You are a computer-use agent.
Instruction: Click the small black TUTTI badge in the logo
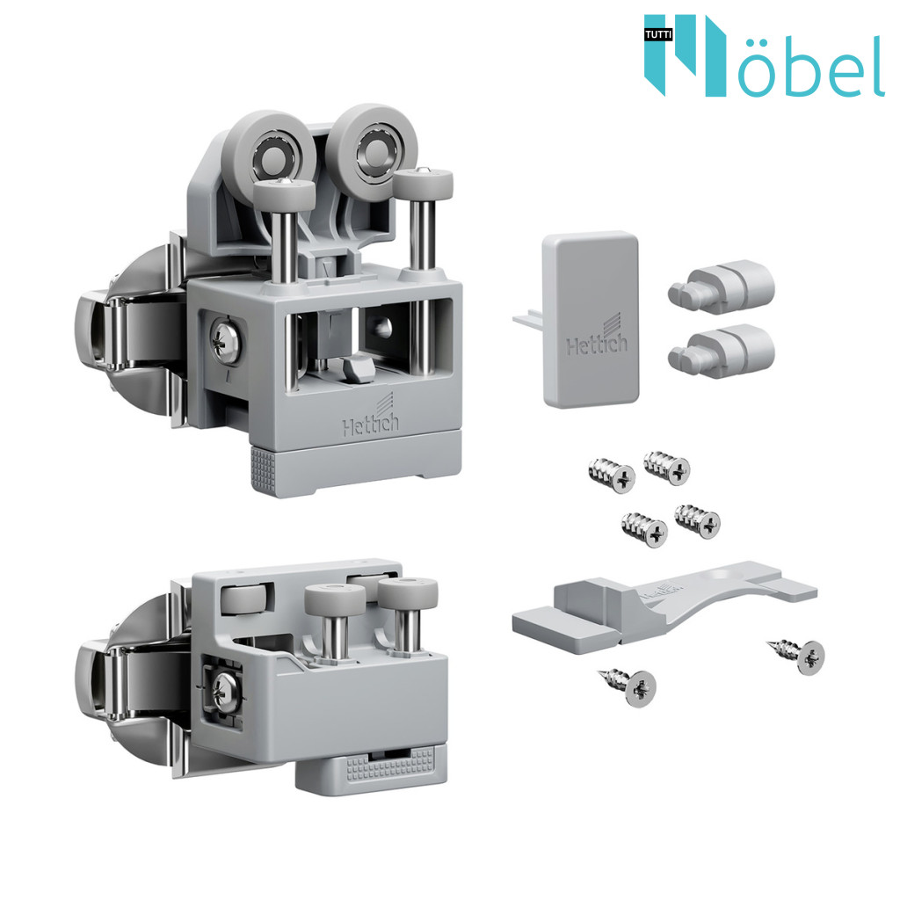click(x=657, y=35)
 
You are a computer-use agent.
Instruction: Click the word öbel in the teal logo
click(x=809, y=66)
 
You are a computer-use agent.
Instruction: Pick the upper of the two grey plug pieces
click(x=721, y=287)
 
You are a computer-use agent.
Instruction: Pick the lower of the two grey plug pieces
click(x=721, y=351)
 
